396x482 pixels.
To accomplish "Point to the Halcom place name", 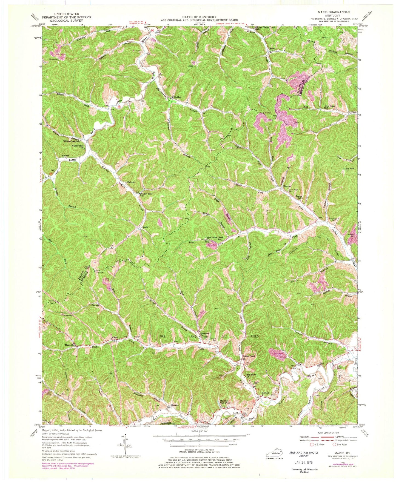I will [x=131, y=182].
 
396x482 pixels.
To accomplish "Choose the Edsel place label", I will [x=272, y=48].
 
